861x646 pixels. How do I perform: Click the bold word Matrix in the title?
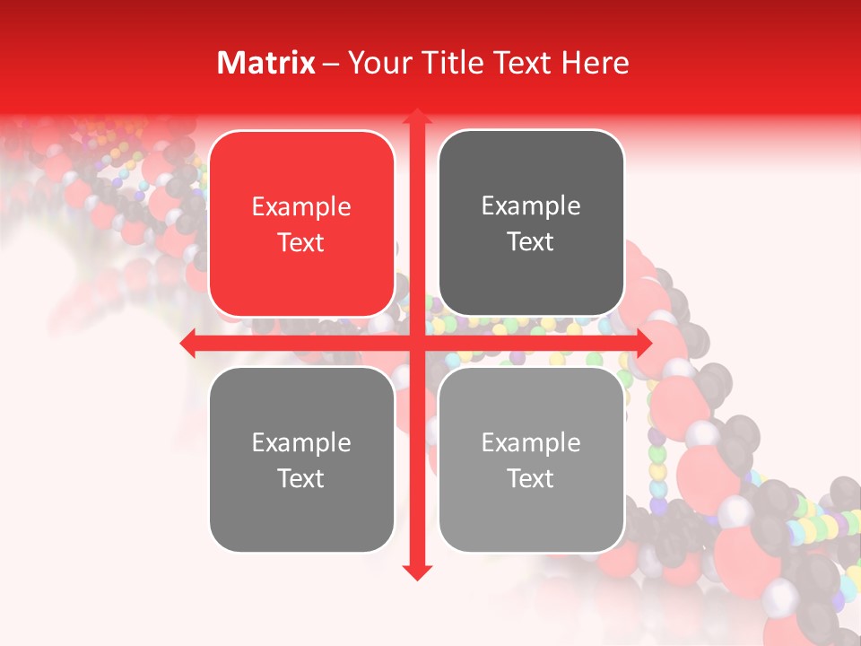tap(266, 63)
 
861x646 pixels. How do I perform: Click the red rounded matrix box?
tap(301, 223)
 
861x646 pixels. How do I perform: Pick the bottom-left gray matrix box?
tap(301, 459)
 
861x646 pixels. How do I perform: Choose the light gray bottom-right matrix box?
tap(531, 459)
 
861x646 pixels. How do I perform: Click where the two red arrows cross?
tap(416, 343)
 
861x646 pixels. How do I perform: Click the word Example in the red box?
tap(301, 207)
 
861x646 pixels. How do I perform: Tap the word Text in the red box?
tap(301, 242)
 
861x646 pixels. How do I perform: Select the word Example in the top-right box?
tap(531, 206)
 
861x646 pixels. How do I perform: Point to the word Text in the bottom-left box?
tap(301, 478)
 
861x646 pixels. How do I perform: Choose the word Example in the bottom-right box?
tap(531, 442)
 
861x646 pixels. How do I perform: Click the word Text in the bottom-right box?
tap(531, 478)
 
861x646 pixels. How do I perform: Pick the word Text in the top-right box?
tap(531, 241)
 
